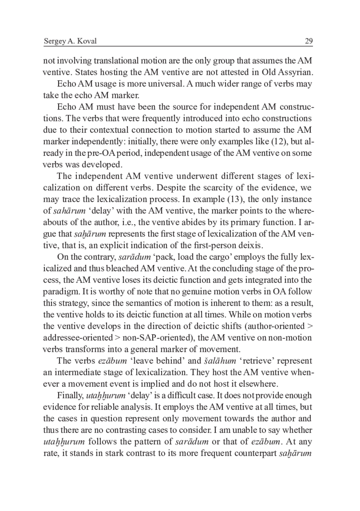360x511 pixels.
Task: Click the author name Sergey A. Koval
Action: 70,41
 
